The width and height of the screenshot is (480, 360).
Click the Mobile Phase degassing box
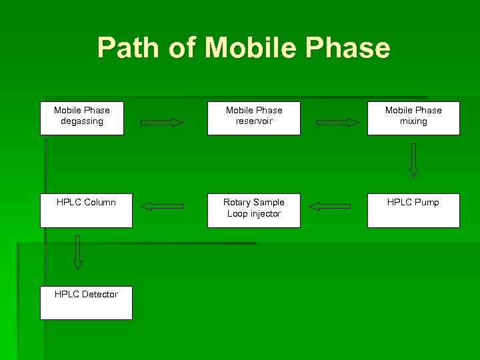[81, 118]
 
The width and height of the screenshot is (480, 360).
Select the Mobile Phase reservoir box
[253, 118]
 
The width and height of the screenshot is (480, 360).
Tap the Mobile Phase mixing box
[413, 118]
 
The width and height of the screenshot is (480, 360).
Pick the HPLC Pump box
[413, 210]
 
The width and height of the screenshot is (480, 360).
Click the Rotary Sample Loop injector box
[253, 210]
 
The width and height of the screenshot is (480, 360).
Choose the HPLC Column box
[86, 210]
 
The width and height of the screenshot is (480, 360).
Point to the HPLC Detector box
[86, 303]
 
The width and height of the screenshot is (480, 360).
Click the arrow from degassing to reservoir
[162, 122]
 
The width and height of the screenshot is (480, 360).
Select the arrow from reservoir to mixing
[337, 122]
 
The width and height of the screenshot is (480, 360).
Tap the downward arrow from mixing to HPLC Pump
[413, 160]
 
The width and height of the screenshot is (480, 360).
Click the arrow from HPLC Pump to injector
[329, 207]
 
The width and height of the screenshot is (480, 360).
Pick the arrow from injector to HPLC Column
[163, 207]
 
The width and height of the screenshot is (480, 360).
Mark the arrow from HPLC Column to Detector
[78, 252]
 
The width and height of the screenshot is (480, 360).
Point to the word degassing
[81, 121]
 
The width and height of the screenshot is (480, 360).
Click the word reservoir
[253, 121]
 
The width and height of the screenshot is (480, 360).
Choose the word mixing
[413, 121]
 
